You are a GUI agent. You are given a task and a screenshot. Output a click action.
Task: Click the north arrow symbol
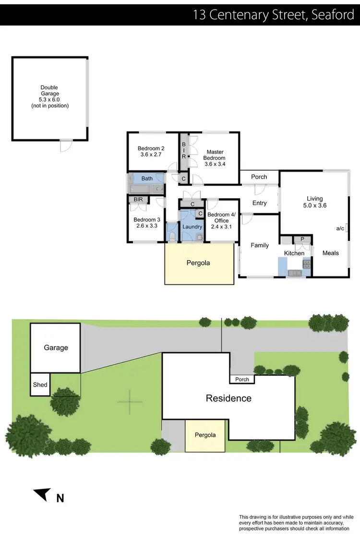[42, 494]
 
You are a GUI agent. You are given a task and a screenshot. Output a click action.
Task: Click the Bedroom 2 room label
[151, 152]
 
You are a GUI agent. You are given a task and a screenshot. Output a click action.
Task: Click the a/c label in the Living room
[340, 228]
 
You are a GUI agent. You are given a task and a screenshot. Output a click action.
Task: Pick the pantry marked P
[302, 239]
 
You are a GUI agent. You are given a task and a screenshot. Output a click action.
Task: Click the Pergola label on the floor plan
[198, 263]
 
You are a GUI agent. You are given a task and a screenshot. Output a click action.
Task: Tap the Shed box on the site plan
[40, 384]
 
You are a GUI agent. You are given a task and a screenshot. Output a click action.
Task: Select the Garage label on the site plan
[56, 348]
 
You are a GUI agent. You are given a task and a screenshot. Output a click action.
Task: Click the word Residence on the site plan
[228, 398]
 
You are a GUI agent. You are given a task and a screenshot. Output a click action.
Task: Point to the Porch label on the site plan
[242, 379]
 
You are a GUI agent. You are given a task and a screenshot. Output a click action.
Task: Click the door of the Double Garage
[66, 145]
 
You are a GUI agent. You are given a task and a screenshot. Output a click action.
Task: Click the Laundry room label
[192, 227]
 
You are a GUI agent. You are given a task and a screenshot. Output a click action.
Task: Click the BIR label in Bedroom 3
[138, 199]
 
